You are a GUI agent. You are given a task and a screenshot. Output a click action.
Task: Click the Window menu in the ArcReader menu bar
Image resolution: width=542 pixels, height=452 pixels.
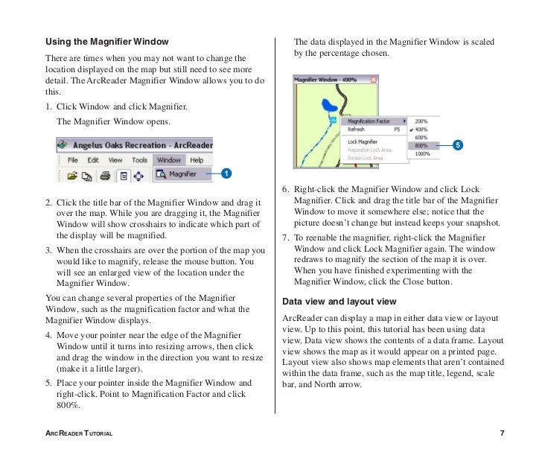168,159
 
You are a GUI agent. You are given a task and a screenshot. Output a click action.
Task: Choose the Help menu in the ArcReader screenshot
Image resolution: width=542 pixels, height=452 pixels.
197,159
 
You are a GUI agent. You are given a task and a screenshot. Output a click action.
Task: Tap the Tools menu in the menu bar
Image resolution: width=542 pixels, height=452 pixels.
139,159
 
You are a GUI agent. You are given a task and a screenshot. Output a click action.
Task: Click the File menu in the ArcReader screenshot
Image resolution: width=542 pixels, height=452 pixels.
73,159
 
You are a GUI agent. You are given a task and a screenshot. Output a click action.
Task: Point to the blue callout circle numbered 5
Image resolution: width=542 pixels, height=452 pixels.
458,145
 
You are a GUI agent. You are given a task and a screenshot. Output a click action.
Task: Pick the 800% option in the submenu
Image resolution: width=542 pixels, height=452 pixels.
421,146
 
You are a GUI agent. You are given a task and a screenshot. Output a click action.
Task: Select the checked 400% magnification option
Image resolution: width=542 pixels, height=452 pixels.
421,129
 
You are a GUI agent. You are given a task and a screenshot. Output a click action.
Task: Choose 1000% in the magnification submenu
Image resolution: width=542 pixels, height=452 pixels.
422,154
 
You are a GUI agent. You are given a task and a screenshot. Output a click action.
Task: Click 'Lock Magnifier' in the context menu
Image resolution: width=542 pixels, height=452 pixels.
363,141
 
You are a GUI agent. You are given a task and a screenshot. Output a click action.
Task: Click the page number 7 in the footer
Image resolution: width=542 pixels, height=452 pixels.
503,433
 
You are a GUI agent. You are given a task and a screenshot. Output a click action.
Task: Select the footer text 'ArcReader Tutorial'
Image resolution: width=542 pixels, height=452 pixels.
79,433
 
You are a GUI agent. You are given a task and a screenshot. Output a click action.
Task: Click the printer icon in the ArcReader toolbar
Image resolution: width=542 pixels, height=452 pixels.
105,176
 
